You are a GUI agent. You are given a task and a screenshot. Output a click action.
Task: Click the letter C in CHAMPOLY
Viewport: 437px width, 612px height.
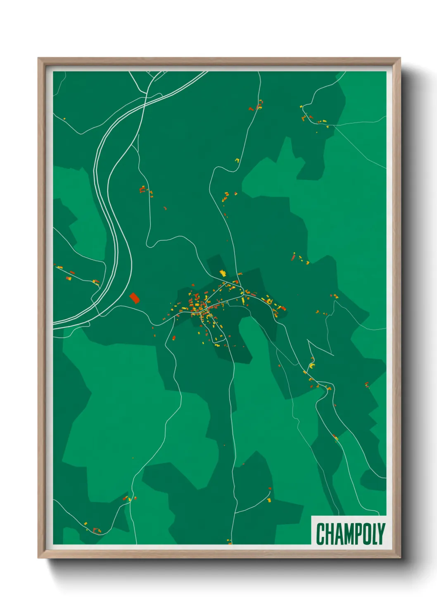[x=321, y=534]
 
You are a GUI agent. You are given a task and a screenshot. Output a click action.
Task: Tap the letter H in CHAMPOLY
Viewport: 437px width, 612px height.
[x=330, y=534]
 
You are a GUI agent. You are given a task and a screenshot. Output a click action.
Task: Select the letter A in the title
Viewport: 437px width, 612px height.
[x=339, y=534]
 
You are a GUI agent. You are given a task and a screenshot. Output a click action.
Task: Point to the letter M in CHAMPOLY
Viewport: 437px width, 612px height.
[x=349, y=534]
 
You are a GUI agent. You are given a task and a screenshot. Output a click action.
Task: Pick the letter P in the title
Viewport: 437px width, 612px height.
[x=359, y=534]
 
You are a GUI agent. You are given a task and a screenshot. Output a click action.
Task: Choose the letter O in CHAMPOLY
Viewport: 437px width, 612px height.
[x=367, y=534]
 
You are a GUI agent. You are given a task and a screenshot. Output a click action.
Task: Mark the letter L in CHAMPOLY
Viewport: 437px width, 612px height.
[x=375, y=534]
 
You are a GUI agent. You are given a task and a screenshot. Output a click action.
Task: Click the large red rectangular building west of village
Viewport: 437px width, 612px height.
[x=134, y=298]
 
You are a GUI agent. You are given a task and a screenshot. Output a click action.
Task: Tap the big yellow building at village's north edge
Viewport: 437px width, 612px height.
[x=223, y=273]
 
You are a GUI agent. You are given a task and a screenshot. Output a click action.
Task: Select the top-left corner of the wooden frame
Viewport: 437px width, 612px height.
[x=38, y=58]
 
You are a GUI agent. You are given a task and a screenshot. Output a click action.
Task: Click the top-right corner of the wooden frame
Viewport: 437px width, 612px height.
[x=400, y=58]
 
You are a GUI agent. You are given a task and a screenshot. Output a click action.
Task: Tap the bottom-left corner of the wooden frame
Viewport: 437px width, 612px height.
[x=38, y=557]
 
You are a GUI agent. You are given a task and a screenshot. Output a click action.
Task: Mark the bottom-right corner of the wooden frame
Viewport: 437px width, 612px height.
[x=400, y=557]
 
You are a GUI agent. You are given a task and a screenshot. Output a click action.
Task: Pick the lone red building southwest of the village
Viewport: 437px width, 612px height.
[x=173, y=338]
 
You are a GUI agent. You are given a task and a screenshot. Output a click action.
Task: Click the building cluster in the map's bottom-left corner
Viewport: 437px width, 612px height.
[x=96, y=530]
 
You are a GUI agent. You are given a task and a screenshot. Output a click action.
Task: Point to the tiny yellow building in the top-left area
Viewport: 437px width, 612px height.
[x=64, y=119]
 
